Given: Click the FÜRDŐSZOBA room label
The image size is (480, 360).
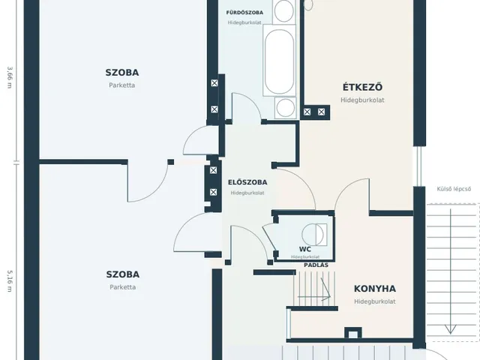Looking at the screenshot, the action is tap(244, 13).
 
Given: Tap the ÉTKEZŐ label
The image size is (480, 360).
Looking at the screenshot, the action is tap(362, 87).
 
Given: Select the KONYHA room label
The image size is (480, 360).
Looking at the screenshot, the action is tap(375, 289).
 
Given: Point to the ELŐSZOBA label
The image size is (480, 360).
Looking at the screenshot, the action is tap(247, 182).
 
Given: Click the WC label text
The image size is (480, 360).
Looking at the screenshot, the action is tap(305, 249).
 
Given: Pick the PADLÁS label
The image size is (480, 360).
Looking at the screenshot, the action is tap(316, 265).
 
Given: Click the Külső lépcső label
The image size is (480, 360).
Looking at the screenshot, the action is tap(454, 189).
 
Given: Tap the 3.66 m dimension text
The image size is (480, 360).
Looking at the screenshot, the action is tap(10, 77).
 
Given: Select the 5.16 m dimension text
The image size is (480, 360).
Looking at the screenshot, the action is tap(10, 281).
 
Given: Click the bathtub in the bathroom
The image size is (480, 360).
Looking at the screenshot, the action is tap(279, 61).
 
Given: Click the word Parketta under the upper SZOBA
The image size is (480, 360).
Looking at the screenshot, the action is tap(121, 85).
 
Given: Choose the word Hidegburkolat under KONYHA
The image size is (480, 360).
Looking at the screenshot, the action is tap(375, 301).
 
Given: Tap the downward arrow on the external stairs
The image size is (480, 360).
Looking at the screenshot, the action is tap(450, 271).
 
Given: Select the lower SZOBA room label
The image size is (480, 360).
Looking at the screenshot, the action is tap(123, 274).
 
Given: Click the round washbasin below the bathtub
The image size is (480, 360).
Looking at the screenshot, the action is tap(285, 108).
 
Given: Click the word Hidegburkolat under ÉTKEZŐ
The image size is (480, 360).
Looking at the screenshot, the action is tap(362, 100).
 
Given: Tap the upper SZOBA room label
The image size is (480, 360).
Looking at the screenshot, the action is tap(121, 73).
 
